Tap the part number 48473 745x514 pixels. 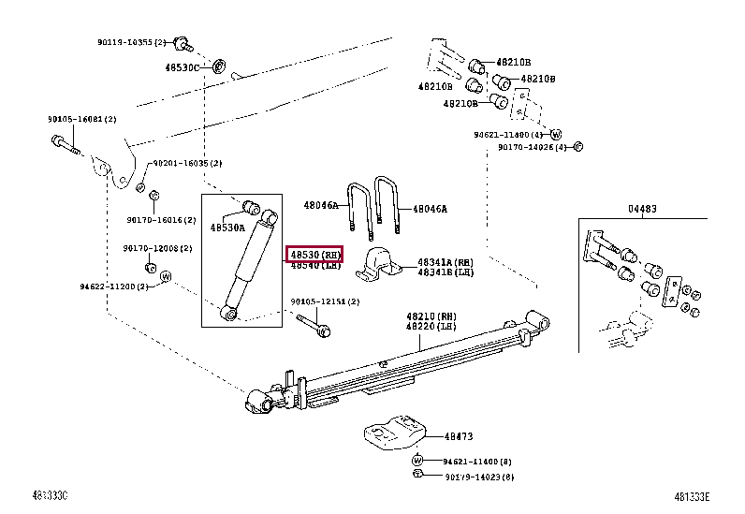coord(458,436)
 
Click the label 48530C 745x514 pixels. coord(183,67)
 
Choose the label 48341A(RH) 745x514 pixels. coord(446,262)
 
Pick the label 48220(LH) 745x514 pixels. coord(431,326)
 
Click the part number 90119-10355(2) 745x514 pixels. coord(131,42)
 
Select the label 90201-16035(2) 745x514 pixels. coord(187,163)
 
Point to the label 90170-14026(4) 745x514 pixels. coord(531,147)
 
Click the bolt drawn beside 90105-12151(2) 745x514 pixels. coord(313,325)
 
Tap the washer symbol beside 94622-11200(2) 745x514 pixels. coord(166,277)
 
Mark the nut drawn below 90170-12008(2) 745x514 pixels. coord(150,268)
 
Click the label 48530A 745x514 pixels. coord(227,228)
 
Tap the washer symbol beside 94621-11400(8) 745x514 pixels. coord(418,461)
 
